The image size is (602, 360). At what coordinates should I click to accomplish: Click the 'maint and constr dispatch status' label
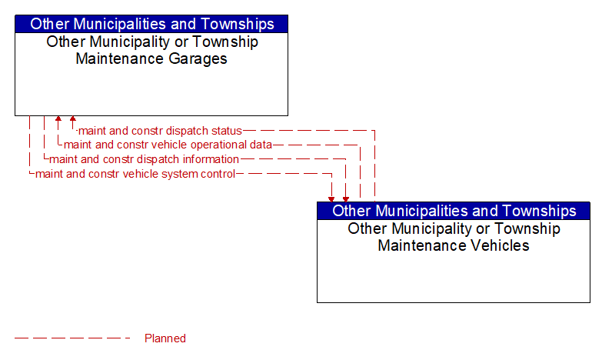tap(160, 131)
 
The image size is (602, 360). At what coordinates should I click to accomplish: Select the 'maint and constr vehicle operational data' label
tap(168, 145)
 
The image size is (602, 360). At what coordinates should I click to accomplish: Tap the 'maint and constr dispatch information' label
tap(144, 159)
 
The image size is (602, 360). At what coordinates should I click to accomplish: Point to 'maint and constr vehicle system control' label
tap(135, 174)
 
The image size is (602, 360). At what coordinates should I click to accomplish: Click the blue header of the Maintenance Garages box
tap(151, 24)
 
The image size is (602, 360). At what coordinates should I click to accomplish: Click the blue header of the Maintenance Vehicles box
tap(454, 211)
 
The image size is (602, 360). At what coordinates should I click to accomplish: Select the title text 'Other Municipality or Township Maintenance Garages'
tap(152, 50)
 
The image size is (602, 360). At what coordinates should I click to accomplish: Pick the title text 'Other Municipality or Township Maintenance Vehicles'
tap(454, 237)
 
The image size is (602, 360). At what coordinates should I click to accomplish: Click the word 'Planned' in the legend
tap(165, 338)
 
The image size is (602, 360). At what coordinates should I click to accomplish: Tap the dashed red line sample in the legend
tap(72, 338)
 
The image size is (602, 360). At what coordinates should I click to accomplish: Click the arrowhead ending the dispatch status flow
tap(73, 118)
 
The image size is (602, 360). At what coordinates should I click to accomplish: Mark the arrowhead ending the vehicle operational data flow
tap(58, 118)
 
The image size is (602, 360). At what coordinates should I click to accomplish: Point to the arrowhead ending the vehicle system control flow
tap(331, 199)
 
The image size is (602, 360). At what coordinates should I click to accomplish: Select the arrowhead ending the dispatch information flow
tap(346, 199)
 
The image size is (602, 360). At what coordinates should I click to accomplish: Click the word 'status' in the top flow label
tap(228, 131)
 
